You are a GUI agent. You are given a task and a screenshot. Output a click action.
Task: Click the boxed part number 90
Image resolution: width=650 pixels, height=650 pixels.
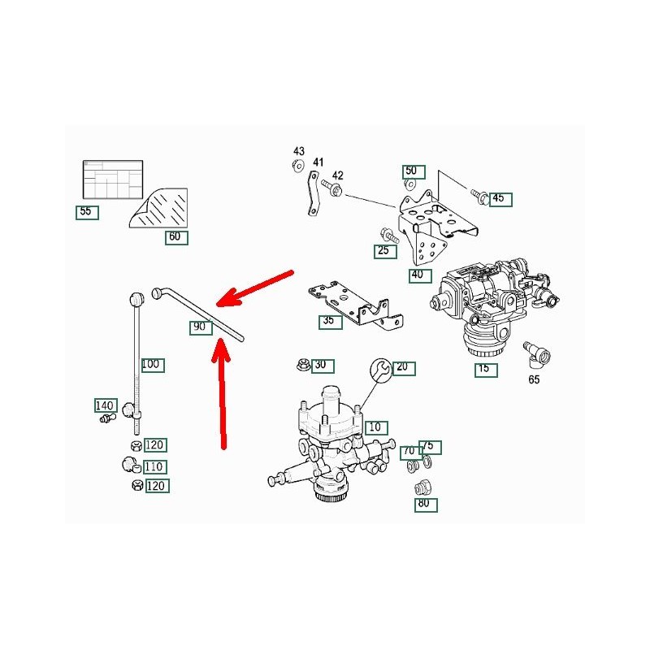click(x=201, y=327)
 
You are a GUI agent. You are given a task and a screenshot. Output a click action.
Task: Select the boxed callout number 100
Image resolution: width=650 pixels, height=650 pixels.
click(x=152, y=365)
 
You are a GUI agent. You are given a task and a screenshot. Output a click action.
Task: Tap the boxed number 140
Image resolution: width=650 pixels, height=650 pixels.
click(x=106, y=405)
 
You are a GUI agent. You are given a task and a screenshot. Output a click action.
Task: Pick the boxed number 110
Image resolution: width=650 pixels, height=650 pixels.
click(x=155, y=466)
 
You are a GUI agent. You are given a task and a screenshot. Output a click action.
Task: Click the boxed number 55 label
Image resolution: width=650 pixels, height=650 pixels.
click(x=87, y=212)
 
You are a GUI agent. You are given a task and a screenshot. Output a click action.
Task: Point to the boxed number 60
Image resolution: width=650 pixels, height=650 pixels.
click(x=176, y=237)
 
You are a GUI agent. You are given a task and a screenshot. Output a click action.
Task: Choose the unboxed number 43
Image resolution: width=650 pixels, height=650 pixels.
click(x=298, y=151)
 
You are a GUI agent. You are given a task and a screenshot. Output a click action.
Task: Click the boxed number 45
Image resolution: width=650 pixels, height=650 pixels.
click(x=500, y=199)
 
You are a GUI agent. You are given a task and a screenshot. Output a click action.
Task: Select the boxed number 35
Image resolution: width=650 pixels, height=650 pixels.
click(x=331, y=322)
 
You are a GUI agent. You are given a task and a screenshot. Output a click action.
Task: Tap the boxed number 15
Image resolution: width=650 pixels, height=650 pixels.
click(x=486, y=370)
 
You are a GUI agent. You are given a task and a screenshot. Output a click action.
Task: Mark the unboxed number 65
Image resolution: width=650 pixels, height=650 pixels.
click(x=534, y=379)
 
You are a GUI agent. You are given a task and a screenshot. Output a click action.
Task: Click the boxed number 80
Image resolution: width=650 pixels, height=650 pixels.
click(x=426, y=505)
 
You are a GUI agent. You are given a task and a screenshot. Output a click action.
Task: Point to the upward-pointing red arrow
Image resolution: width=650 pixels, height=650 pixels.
click(x=221, y=393)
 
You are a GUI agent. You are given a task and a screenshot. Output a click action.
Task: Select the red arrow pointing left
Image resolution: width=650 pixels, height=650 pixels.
click(x=254, y=289)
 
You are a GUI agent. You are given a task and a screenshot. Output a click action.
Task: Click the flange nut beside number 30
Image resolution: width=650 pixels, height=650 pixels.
click(x=303, y=365)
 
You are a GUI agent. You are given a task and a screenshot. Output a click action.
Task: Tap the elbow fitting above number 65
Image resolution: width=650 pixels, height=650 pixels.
click(x=537, y=354)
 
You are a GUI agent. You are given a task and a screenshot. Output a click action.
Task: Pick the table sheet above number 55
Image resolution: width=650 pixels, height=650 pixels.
click(x=113, y=180)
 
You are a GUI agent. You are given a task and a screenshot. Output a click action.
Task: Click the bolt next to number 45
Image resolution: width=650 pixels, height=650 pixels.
click(x=479, y=196)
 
